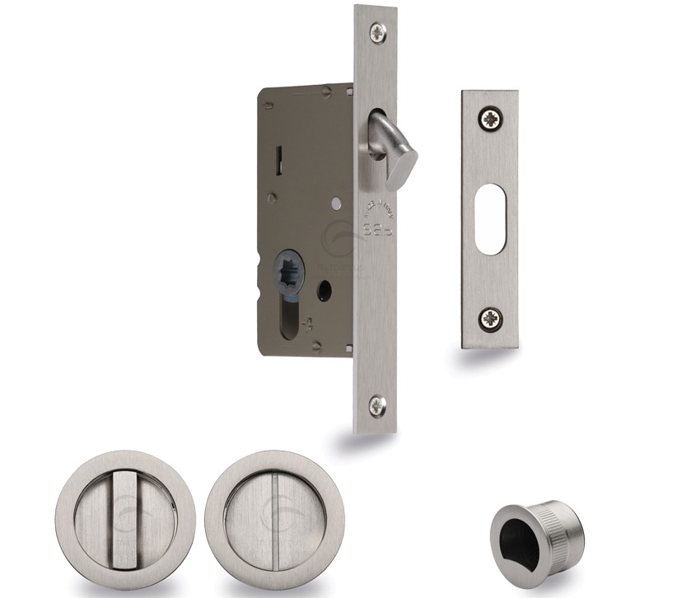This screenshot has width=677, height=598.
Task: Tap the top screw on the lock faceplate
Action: click(377, 33)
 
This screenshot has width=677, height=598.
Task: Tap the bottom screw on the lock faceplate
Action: click(376, 404)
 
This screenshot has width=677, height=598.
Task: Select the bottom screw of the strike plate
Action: click(491, 318)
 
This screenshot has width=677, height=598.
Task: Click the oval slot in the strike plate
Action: click(491, 218)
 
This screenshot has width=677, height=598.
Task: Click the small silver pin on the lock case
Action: click(336, 202)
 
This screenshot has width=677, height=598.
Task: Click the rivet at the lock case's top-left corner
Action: click(269, 105)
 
